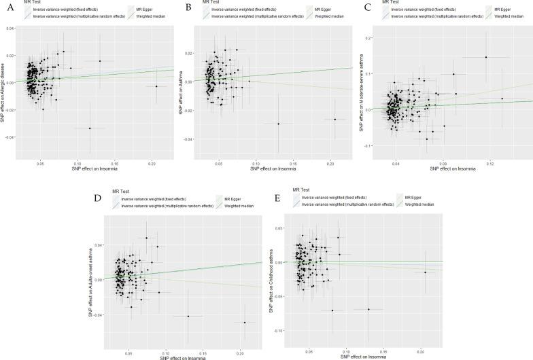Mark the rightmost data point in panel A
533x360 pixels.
[156, 86]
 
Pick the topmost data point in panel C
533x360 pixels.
[486, 57]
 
